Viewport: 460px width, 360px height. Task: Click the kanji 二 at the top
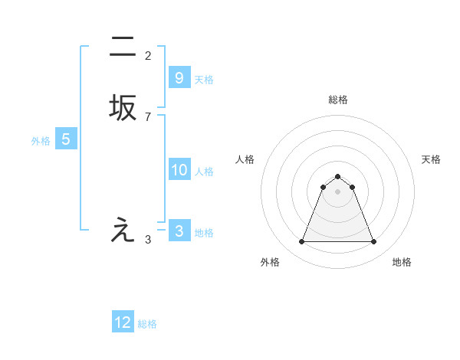click(x=123, y=48)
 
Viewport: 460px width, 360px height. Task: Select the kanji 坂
click(x=123, y=108)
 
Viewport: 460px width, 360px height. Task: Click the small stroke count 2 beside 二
click(x=148, y=56)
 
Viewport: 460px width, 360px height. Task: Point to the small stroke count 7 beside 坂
click(x=148, y=116)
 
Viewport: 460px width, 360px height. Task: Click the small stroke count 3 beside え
click(x=148, y=240)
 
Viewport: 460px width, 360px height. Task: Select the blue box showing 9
click(x=179, y=77)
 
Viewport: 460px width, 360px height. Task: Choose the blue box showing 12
click(x=123, y=322)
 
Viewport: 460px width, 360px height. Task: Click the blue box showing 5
click(x=66, y=139)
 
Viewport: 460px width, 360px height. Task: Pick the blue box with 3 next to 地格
click(x=179, y=231)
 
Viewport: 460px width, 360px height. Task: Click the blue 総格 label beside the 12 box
click(x=147, y=324)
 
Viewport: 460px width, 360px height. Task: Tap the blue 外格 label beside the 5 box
click(x=41, y=141)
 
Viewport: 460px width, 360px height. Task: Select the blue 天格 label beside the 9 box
click(x=204, y=79)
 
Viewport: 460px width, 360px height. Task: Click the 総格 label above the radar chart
click(x=337, y=100)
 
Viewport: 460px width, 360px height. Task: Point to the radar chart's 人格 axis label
click(x=245, y=159)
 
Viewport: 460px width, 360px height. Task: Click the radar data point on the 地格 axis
click(x=373, y=242)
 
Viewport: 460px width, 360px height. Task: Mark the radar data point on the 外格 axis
click(x=301, y=242)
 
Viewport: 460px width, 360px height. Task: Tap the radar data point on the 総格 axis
click(x=337, y=176)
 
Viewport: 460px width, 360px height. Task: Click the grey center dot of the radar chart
click(x=337, y=191)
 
